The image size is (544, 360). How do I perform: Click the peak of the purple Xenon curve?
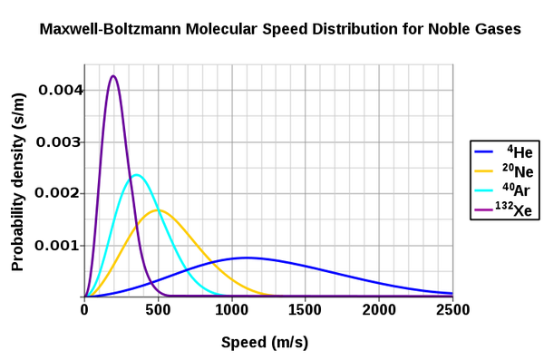coord(113,75)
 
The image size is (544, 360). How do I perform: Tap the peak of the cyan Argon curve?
coord(136,175)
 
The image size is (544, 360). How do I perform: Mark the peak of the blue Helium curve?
coord(247,258)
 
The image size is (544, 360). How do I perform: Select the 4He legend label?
coord(520,151)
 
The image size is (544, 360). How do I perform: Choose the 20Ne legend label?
coord(518,170)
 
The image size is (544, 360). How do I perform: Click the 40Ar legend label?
coord(516,190)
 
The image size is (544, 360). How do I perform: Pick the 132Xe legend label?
coord(513,209)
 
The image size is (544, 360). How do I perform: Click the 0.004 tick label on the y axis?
coord(61,91)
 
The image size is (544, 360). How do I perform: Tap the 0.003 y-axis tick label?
coord(59,142)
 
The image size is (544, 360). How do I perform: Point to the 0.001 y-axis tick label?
coord(59,246)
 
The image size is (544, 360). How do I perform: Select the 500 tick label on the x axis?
coord(158,309)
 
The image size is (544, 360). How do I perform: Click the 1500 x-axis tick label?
coord(305,309)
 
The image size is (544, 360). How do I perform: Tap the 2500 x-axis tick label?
coord(452,309)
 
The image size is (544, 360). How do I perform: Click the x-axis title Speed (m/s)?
coord(265,342)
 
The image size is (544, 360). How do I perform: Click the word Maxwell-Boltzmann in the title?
coord(111,29)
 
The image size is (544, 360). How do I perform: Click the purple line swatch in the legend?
coord(483,209)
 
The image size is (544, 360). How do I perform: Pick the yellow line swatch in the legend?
coord(483,170)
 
